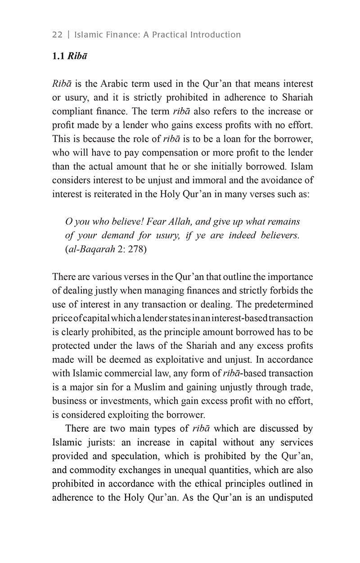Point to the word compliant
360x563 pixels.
tap(74, 112)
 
